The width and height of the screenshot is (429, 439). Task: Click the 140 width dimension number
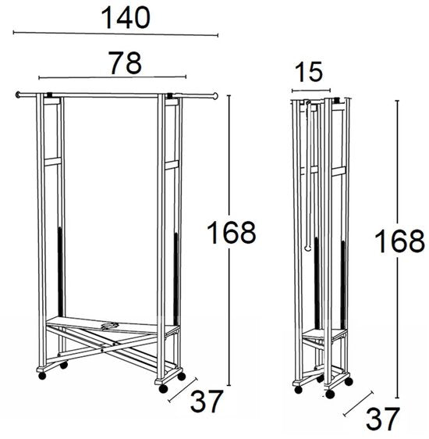coord(126,18)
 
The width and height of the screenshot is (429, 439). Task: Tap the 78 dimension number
coord(126,63)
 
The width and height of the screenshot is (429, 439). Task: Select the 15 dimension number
coord(309,72)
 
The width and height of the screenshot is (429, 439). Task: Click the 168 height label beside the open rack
coord(231,232)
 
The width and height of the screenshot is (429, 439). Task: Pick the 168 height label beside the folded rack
coord(399,241)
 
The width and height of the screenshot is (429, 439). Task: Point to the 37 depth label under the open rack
coord(207,402)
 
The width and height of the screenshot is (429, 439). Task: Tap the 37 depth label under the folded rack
coord(383,419)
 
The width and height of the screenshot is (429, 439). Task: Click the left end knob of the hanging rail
coord(18,95)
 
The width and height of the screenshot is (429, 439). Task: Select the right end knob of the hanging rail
coord(215,96)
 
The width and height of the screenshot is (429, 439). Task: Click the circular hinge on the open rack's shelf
coord(110,325)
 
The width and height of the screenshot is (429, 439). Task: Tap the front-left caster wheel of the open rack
coord(42,376)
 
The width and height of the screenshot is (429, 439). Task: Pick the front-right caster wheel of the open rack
coord(163,388)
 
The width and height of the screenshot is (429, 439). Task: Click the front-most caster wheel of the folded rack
coord(330,394)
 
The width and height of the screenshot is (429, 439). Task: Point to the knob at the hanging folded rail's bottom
coord(307,248)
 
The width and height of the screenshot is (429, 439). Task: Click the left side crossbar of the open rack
coord(52,162)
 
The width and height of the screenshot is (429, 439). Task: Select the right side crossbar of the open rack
coord(172,165)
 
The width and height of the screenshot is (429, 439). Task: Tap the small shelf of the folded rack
coord(324,334)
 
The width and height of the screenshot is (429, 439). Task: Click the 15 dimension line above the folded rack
coord(311,91)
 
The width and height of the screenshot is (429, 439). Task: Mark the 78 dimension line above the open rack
coord(112,77)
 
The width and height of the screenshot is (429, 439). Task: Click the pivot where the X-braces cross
coord(102,350)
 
